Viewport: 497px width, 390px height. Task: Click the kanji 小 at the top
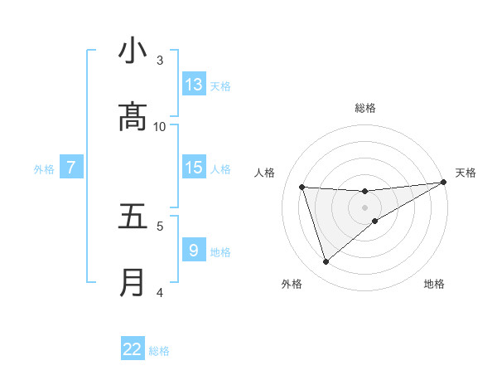(x=133, y=52)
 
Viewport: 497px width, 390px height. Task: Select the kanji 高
(x=133, y=117)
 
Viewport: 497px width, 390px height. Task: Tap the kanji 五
(x=133, y=217)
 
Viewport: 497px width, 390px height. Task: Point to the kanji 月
(x=133, y=283)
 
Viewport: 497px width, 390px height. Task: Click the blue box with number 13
(x=194, y=85)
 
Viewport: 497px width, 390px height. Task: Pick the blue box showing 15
(x=194, y=168)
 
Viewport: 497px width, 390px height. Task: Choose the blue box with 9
(x=194, y=250)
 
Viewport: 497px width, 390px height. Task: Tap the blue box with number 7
(x=71, y=168)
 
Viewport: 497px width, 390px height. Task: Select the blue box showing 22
(x=133, y=349)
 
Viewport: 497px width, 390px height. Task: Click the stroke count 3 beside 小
(x=160, y=60)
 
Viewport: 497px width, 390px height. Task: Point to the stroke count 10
(x=160, y=126)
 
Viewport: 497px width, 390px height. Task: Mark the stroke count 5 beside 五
(x=160, y=225)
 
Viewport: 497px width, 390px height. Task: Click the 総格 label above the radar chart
(x=365, y=108)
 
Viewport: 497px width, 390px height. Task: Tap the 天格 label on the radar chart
(x=466, y=173)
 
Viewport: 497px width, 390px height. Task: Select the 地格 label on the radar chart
(x=434, y=284)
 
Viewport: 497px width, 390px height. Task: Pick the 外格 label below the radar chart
(x=292, y=284)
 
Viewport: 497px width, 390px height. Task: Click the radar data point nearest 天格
(x=444, y=183)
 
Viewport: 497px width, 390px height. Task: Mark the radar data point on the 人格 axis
(x=302, y=187)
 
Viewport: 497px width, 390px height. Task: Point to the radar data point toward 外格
(x=326, y=262)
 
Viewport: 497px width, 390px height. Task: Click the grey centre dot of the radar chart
(x=365, y=207)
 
